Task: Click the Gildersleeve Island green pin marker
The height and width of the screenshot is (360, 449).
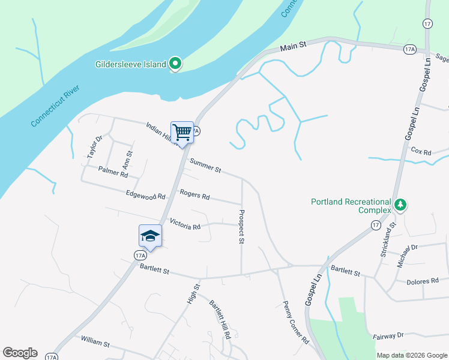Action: click(x=175, y=63)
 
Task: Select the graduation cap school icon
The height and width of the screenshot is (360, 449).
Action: click(x=150, y=236)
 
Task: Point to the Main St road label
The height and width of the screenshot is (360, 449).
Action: click(x=294, y=45)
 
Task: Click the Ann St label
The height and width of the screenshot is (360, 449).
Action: click(x=127, y=160)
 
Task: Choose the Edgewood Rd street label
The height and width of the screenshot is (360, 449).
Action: click(x=145, y=195)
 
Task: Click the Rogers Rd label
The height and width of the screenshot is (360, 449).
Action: click(x=194, y=195)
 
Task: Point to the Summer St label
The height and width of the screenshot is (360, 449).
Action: click(x=205, y=167)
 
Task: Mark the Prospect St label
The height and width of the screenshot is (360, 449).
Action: click(x=243, y=226)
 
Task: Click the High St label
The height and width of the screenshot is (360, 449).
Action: click(x=193, y=293)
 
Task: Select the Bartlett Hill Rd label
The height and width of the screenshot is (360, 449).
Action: click(x=220, y=319)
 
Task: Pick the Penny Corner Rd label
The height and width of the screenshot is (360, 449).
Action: click(x=295, y=322)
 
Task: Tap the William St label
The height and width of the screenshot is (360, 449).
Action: click(x=95, y=344)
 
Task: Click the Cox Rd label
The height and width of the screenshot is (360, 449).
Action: click(x=421, y=152)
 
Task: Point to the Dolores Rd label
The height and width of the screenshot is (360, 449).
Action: click(x=422, y=281)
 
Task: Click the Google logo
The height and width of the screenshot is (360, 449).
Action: click(x=20, y=353)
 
